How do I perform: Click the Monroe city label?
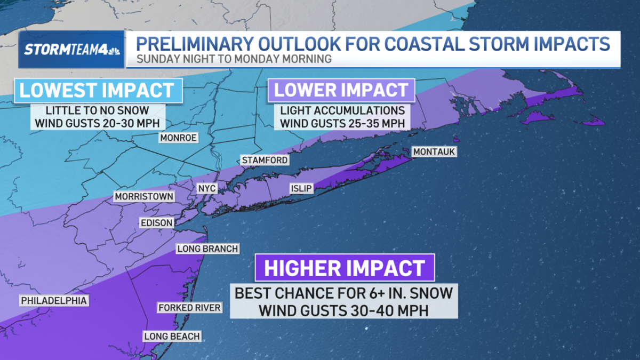click(179, 138)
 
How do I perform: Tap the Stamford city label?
click(265, 160)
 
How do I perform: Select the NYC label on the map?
click(206, 189)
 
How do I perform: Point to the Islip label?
click(301, 189)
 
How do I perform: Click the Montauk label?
click(434, 152)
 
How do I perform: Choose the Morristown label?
click(145, 197)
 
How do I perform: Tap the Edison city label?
click(157, 223)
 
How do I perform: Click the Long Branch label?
click(207, 249)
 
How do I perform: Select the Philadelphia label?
click(53, 301)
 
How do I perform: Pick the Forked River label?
click(189, 308)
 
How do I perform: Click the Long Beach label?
click(172, 336)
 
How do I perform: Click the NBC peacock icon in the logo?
click(113, 50)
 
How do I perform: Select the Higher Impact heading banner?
click(345, 268)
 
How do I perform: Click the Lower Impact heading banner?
click(341, 90)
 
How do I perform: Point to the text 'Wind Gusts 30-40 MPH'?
click(344, 310)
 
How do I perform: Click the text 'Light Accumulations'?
click(341, 111)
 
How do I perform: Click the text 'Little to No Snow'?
click(98, 111)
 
